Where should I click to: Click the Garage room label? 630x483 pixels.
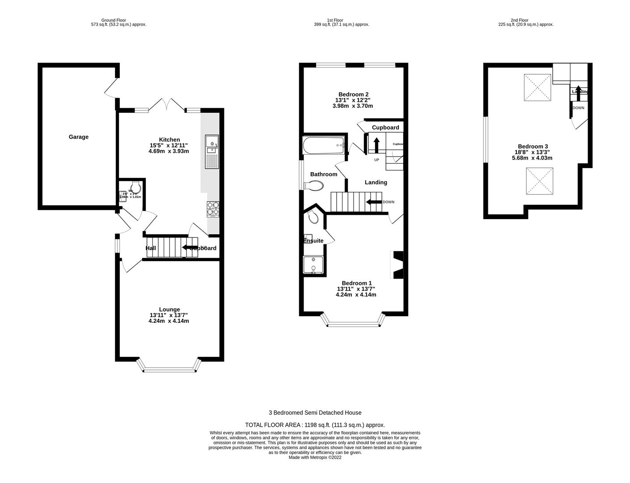coord(78,137)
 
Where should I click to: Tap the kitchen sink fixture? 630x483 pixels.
coord(211,152)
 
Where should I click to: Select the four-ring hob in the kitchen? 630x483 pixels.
coord(213,209)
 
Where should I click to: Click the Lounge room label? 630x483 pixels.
coord(169,309)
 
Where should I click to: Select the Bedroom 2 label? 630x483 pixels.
coord(353,94)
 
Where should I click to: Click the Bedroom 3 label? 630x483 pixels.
coord(533,146)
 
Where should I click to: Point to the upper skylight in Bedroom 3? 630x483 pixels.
coord(537,87)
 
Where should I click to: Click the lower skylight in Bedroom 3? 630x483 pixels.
coord(540,182)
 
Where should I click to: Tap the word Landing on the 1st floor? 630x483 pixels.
coord(376,182)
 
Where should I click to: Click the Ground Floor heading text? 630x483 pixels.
coord(114,20)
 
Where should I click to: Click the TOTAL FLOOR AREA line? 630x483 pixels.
coord(315,425)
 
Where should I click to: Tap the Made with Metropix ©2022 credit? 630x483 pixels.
coord(315,458)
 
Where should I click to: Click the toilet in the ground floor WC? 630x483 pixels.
coord(135,186)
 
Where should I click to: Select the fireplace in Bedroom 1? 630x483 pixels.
coord(397,265)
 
